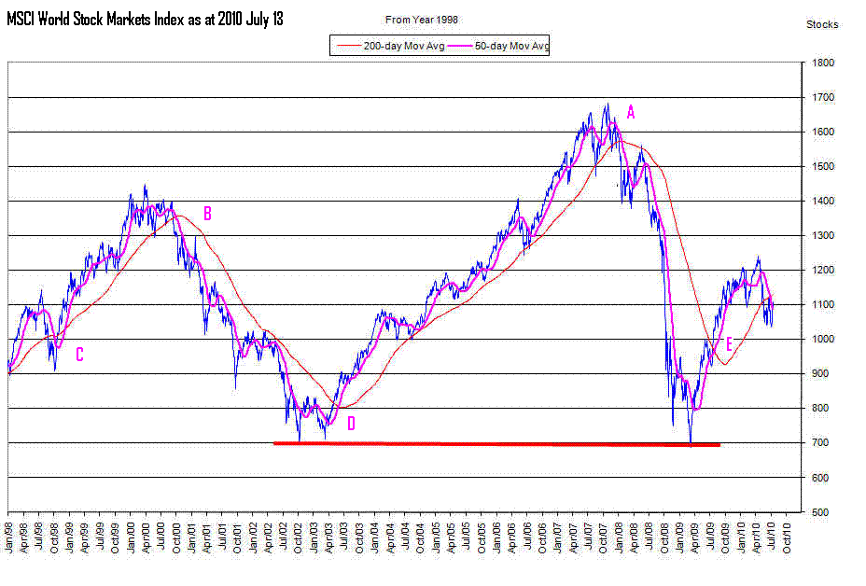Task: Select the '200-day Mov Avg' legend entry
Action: click(x=391, y=46)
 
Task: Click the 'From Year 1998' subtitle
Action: click(x=422, y=20)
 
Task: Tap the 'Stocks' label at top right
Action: click(x=822, y=24)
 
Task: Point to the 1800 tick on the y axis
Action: click(x=822, y=63)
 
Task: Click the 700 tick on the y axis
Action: click(x=819, y=442)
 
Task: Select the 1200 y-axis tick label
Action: click(x=822, y=270)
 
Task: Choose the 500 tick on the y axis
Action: click(x=819, y=512)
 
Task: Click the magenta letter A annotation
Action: click(x=631, y=113)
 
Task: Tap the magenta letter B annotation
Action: click(x=208, y=214)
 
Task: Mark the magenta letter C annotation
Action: click(x=79, y=355)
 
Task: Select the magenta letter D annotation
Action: click(x=351, y=424)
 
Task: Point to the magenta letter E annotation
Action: click(x=729, y=344)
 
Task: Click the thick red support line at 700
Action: click(x=496, y=443)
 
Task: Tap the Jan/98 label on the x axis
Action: click(x=9, y=537)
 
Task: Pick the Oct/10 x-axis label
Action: click(x=787, y=537)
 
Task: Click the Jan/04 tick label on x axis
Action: click(x=375, y=537)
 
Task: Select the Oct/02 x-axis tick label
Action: click(x=299, y=537)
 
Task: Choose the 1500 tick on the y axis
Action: click(x=822, y=166)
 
